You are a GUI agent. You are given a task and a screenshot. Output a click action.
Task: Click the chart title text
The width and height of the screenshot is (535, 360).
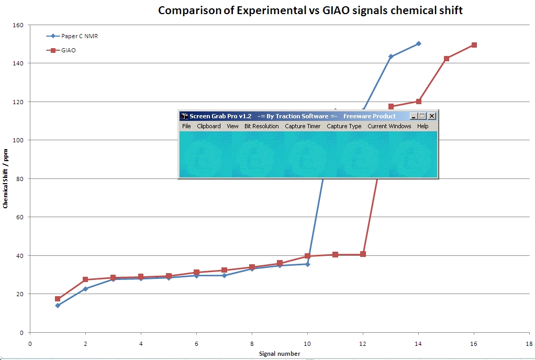pyautogui.click(x=310, y=10)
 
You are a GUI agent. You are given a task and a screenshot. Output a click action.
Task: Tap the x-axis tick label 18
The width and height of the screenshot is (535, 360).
pyautogui.click(x=529, y=343)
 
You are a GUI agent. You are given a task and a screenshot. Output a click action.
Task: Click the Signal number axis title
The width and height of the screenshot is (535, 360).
pyautogui.click(x=280, y=354)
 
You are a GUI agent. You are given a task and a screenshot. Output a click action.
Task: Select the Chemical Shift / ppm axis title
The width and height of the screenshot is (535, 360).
pyautogui.click(x=5, y=178)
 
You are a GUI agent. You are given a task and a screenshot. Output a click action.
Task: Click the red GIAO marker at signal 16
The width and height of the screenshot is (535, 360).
pyautogui.click(x=474, y=45)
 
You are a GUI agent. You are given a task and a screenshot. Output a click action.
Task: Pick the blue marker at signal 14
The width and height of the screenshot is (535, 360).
pyautogui.click(x=419, y=43)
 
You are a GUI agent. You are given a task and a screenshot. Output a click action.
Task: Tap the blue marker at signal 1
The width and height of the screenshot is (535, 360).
pyautogui.click(x=58, y=306)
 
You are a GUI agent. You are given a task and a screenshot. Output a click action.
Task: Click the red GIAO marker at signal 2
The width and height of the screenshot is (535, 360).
pyautogui.click(x=85, y=280)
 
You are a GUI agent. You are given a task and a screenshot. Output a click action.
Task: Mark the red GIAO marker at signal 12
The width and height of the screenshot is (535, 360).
pyautogui.click(x=363, y=254)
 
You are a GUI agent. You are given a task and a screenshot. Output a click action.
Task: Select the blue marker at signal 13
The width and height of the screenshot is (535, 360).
pyautogui.click(x=391, y=57)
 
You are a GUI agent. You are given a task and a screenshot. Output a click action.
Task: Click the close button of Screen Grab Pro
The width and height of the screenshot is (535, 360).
pyautogui.click(x=432, y=116)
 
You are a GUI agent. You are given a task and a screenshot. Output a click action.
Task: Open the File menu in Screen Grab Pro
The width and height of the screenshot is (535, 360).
pyautogui.click(x=186, y=126)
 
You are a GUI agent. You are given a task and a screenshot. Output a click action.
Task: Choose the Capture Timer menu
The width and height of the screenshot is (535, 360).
pyautogui.click(x=303, y=126)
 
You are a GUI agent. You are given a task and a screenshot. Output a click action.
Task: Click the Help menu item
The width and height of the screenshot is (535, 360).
pyautogui.click(x=422, y=126)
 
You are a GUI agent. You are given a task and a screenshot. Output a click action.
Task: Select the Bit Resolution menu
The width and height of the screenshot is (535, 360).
pyautogui.click(x=261, y=126)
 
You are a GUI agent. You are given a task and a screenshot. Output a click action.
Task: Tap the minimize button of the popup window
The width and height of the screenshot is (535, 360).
pyautogui.click(x=414, y=116)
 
